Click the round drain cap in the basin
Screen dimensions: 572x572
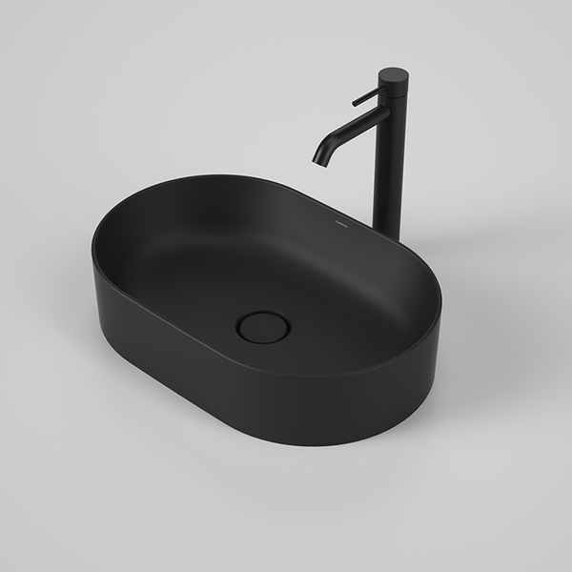click(x=262, y=327)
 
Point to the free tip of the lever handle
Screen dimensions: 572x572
click(x=355, y=102)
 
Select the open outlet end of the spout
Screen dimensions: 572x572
click(x=319, y=161)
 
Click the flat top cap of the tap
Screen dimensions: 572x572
click(x=393, y=73)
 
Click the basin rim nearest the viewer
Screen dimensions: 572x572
click(x=286, y=374)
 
